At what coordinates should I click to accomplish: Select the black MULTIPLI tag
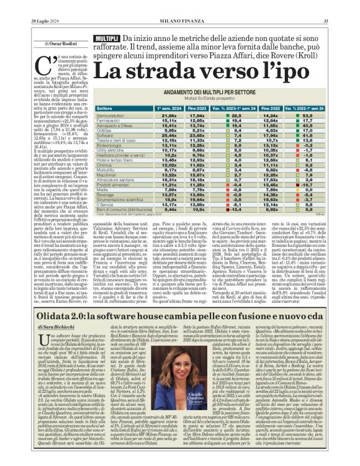(106, 39)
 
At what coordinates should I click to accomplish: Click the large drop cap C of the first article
(43, 64)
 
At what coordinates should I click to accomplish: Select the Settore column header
(106, 108)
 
